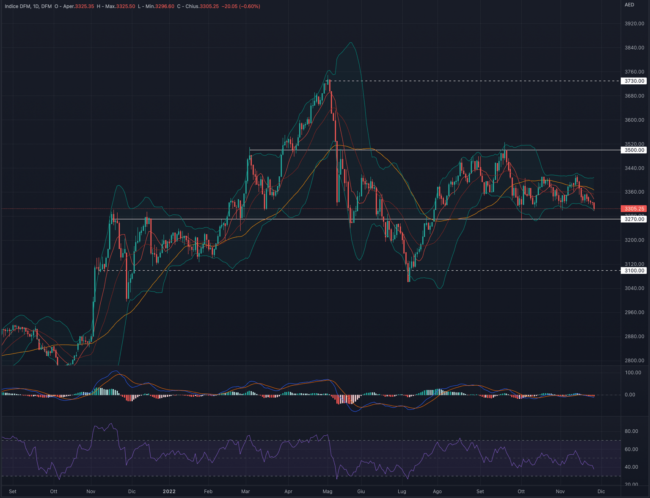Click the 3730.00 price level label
click(633, 81)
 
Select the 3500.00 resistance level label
click(633, 150)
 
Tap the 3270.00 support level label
click(633, 219)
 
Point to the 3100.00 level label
click(633, 270)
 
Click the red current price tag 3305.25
click(633, 209)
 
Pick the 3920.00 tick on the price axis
click(634, 24)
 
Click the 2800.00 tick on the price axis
click(634, 361)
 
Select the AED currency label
click(629, 5)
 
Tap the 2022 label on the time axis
click(169, 492)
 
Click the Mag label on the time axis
click(327, 492)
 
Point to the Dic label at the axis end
click(601, 492)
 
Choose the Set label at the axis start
click(13, 492)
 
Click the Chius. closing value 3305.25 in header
click(209, 6)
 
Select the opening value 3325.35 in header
click(85, 6)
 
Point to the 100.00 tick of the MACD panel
click(633, 373)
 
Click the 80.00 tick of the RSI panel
click(631, 431)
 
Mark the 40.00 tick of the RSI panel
click(631, 467)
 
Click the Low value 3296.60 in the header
click(165, 6)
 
